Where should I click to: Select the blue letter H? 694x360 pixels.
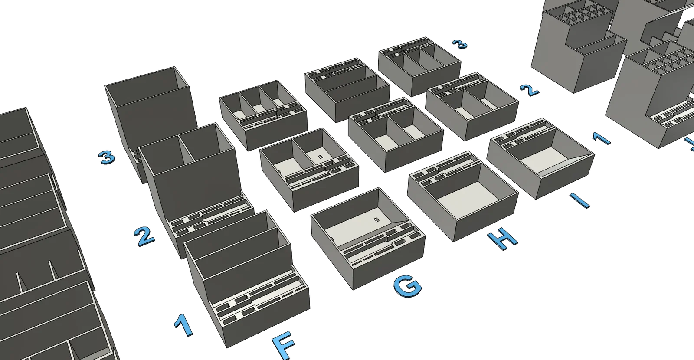coord(502,239)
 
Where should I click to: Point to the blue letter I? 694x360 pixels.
coord(579,200)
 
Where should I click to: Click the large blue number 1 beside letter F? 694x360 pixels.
coord(184,324)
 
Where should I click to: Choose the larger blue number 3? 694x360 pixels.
coord(107,157)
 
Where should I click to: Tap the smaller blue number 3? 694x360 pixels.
coord(460,44)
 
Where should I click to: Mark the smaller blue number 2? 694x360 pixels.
coord(530,90)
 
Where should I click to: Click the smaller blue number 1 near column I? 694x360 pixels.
coord(601,138)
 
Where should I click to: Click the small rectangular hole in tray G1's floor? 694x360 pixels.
coord(376,219)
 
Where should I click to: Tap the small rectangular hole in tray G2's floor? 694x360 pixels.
coord(321,157)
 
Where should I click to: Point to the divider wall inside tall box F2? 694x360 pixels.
coord(186,150)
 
